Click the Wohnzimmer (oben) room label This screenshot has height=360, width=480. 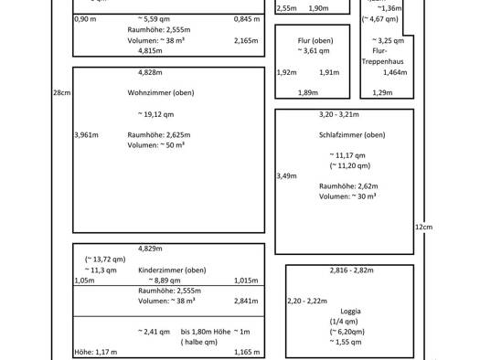161,92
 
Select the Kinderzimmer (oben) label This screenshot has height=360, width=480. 171,270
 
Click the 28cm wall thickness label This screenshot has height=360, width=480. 62,92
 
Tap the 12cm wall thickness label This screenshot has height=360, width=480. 423,227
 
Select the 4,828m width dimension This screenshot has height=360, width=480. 150,72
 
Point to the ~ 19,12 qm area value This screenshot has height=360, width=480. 155,114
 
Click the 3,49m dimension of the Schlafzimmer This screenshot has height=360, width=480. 286,175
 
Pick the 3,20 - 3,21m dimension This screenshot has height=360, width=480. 339,115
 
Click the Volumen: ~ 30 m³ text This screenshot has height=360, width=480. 348,196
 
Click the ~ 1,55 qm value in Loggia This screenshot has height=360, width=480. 346,342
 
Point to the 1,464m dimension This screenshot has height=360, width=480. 394,72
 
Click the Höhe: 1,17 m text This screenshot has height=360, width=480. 94,352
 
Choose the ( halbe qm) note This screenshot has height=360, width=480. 199,342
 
